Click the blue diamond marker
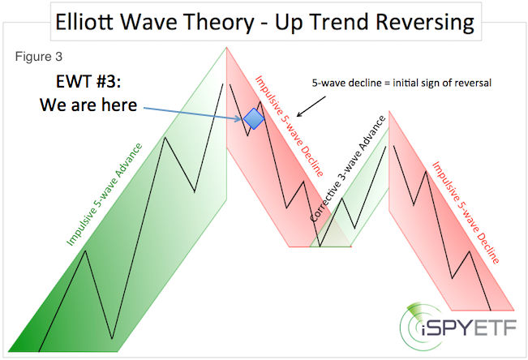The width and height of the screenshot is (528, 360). [254, 118]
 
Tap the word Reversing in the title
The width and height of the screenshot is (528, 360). [425, 22]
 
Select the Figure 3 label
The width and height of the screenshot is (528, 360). [39, 57]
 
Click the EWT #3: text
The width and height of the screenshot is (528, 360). [88, 82]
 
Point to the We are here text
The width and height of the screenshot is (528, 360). [88, 105]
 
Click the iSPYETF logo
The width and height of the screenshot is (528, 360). [458, 326]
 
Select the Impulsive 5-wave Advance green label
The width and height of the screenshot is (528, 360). [105, 195]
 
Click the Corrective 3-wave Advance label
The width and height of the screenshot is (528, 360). [347, 169]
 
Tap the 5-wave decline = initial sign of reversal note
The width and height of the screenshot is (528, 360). [401, 83]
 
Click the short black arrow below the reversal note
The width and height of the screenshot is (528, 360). [311, 107]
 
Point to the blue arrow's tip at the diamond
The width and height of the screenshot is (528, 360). [243, 118]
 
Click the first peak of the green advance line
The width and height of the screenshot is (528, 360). [86, 251]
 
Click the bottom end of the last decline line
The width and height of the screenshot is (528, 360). [491, 311]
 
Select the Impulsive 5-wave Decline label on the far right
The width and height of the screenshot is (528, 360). [466, 212]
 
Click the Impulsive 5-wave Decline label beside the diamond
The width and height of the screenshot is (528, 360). [289, 126]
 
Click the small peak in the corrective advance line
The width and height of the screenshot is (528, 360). [341, 198]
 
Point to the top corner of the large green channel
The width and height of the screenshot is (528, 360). [226, 48]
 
